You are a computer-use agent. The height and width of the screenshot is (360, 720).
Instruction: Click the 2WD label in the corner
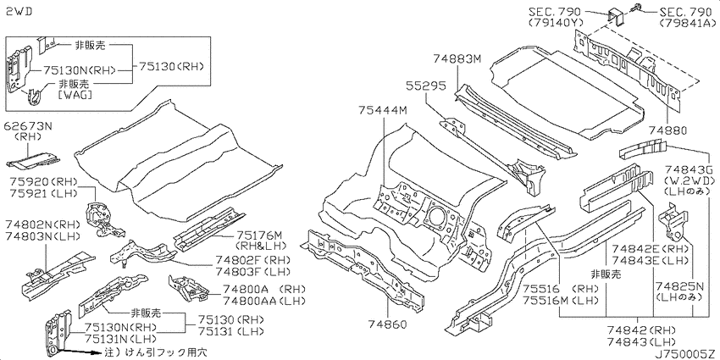click(x=19, y=13)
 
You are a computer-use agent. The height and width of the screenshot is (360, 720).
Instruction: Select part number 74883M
click(x=457, y=58)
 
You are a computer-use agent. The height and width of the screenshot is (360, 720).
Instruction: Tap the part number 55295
click(x=426, y=86)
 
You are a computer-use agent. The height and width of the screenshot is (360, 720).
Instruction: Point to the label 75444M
click(x=383, y=110)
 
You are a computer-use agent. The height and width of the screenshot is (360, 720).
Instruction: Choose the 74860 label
click(x=387, y=325)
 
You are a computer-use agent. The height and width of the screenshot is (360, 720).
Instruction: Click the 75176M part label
click(x=258, y=235)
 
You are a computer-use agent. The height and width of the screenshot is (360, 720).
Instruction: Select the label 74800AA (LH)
click(x=264, y=301)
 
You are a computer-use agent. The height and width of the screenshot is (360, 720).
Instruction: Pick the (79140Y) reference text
click(x=555, y=22)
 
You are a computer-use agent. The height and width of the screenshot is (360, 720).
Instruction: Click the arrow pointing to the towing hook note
click(x=79, y=352)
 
